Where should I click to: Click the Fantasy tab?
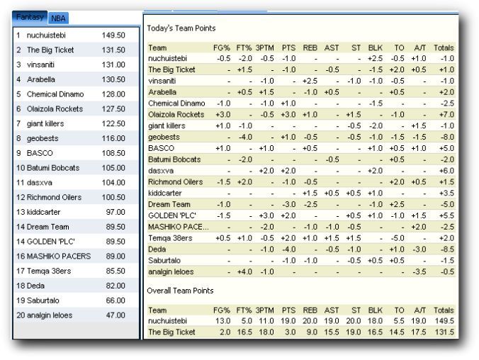pos(30,16)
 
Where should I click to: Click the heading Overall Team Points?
pos(181,291)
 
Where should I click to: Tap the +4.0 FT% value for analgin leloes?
pos(244,272)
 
